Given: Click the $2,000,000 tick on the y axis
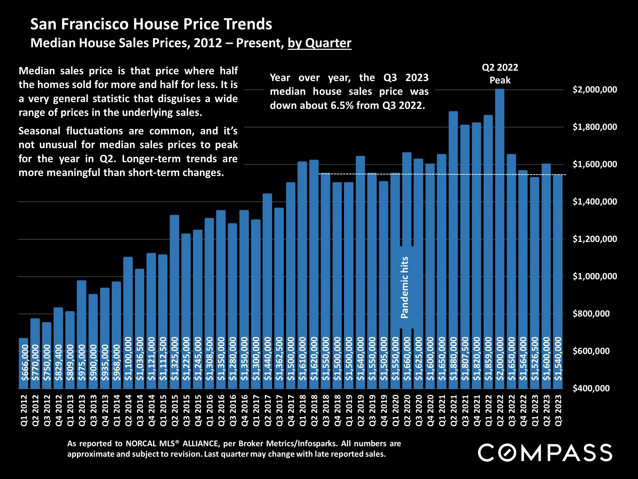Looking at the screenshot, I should (595, 90).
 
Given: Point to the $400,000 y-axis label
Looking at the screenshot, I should (591, 388).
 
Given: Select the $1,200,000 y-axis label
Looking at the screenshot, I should (595, 239).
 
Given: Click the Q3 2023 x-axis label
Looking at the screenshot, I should (558, 411).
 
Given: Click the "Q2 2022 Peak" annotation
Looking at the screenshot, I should (500, 74).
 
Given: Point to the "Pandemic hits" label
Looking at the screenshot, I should (405, 288).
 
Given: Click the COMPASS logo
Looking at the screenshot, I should (545, 453).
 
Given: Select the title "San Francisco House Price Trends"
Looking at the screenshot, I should (151, 24).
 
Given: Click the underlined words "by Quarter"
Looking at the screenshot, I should (319, 43).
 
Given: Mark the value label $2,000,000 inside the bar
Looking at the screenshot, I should (500, 359).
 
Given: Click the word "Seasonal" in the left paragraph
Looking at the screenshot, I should (40, 131).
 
